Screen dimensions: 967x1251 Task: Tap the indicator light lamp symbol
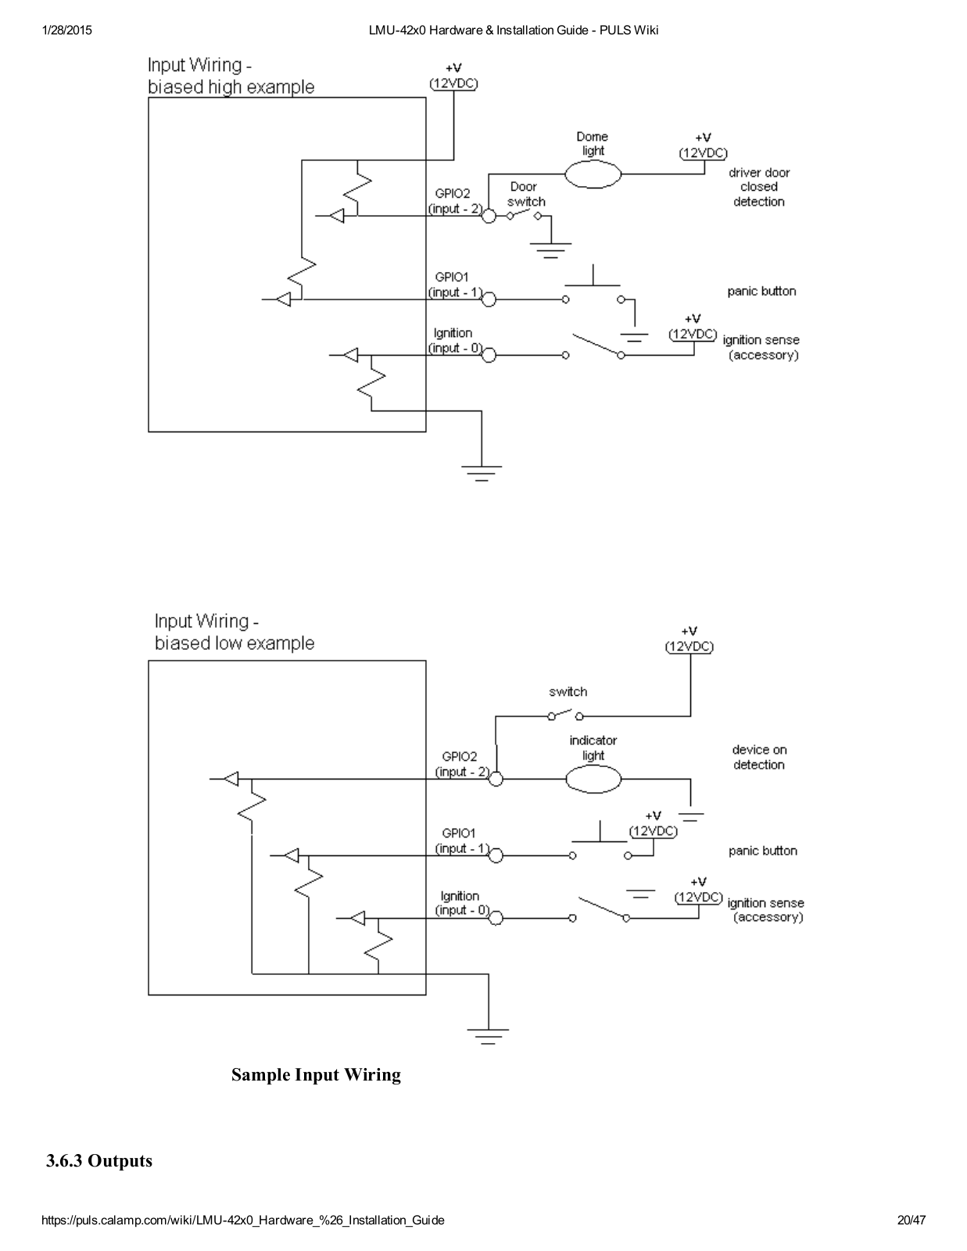593,780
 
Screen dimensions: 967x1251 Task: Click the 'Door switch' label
526,194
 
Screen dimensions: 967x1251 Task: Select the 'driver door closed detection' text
759,187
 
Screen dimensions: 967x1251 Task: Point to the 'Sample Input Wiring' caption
316,1074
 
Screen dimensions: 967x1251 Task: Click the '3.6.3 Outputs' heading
99,1160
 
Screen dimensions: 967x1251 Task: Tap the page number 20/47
911,1220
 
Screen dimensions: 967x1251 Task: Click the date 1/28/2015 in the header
66,30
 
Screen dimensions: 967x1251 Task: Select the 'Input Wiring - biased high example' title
231,75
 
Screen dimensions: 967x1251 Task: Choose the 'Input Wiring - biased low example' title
235,632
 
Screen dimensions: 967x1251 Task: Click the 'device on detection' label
759,757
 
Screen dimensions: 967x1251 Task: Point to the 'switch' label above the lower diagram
568,691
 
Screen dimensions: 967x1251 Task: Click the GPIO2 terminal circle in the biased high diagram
489,216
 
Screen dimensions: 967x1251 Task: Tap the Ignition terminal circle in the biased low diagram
496,918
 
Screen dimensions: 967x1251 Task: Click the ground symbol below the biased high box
482,473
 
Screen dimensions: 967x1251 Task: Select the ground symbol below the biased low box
488,1036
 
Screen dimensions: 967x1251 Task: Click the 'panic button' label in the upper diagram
761,292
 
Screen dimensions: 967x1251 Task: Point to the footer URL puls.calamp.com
243,1220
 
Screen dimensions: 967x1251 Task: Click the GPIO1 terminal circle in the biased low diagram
496,855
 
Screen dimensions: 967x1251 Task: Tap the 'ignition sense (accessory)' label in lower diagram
766,910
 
